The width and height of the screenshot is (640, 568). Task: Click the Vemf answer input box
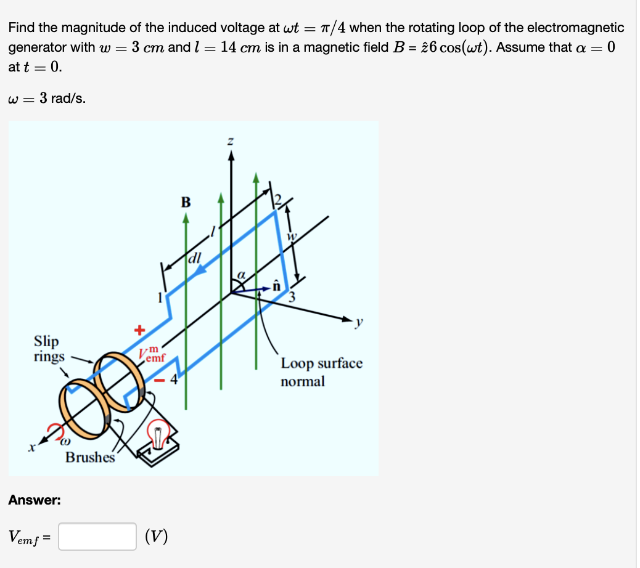[x=97, y=536]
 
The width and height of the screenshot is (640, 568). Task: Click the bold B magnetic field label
[x=186, y=202]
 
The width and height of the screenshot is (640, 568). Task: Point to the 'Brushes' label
[x=90, y=457]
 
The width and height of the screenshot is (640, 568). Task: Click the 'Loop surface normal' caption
[x=321, y=372]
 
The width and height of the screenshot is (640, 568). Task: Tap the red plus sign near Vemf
[x=139, y=331]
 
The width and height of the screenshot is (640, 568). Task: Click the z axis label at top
[x=231, y=142]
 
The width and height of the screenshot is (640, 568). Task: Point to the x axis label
[x=29, y=448]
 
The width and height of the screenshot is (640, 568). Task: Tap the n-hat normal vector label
[x=277, y=285]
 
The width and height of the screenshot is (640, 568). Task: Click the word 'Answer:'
[x=35, y=500]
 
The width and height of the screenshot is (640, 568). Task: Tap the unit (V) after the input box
[x=155, y=537]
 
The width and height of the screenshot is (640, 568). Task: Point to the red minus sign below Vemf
[x=160, y=381]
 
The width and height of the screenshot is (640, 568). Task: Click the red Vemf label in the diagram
[x=151, y=355]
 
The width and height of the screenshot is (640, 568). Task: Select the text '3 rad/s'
[x=62, y=97]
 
